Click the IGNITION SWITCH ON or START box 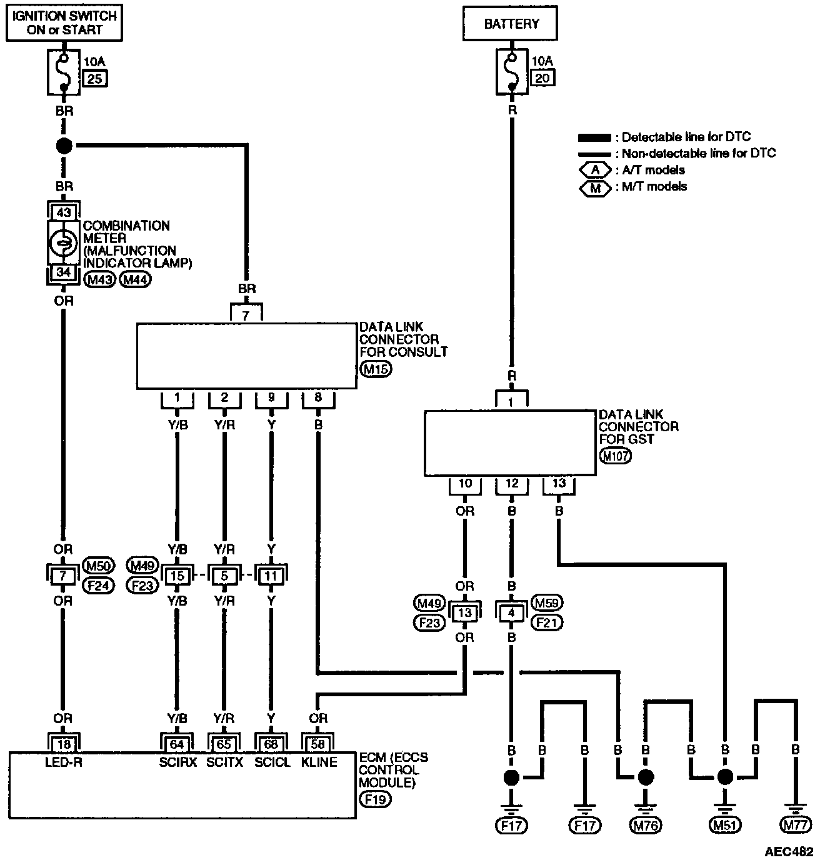click(65, 22)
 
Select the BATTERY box click(511, 24)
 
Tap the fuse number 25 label click(95, 78)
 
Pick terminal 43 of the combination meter click(63, 212)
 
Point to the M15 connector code click(376, 369)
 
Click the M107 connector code click(615, 456)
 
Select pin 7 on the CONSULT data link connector click(246, 316)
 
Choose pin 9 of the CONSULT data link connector click(271, 397)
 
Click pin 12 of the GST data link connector click(512, 483)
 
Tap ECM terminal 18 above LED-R click(63, 743)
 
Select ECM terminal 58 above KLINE click(318, 743)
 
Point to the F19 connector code click(376, 799)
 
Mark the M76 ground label click(646, 825)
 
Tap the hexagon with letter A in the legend click(596, 170)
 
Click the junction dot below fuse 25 click(64, 146)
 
